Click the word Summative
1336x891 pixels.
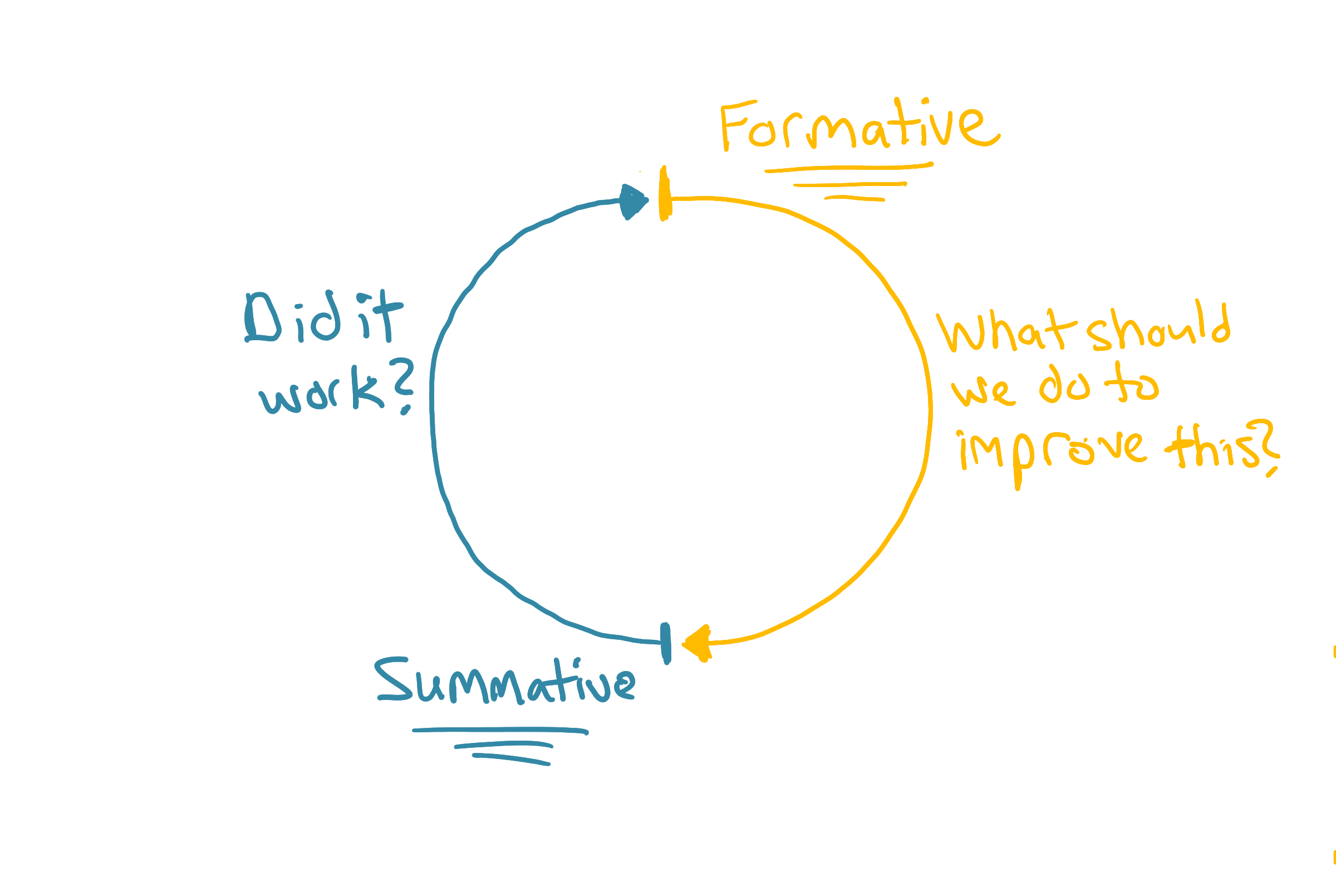click(x=504, y=682)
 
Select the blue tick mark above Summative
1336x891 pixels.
click(x=666, y=643)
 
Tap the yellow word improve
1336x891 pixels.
click(x=1051, y=452)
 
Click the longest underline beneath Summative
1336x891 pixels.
click(x=500, y=730)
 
